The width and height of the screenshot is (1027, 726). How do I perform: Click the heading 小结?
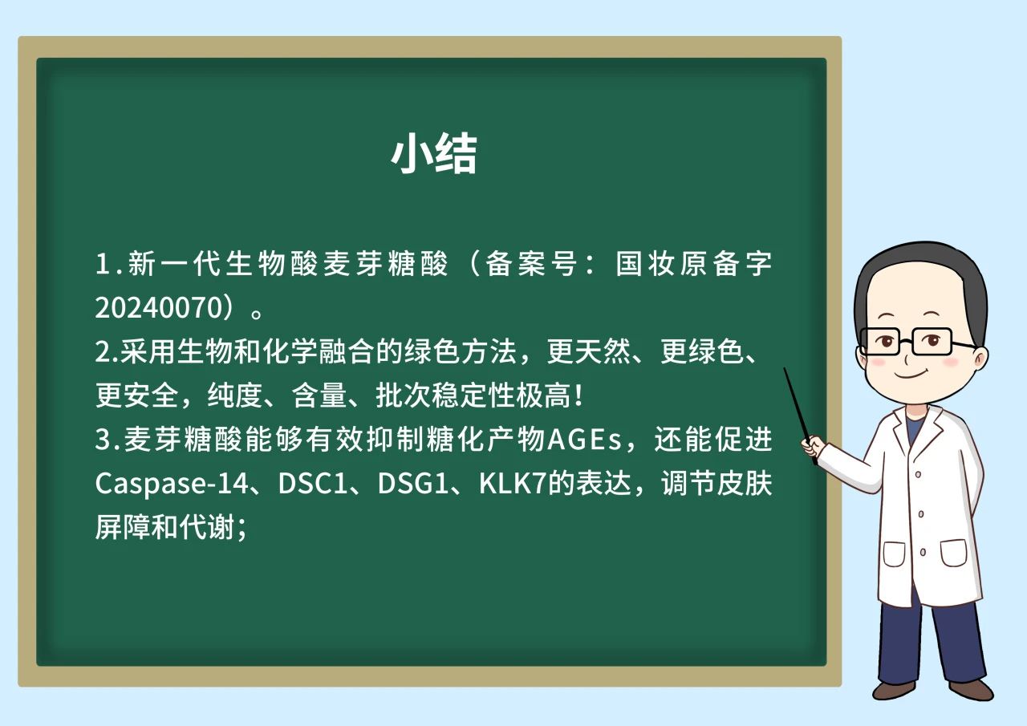(434, 153)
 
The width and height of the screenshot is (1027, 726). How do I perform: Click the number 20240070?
(159, 307)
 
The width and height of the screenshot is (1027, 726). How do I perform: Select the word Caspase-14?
(172, 484)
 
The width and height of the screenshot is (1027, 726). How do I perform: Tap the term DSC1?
(313, 484)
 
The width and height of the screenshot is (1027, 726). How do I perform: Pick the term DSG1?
(412, 484)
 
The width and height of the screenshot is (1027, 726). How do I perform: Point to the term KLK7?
(513, 484)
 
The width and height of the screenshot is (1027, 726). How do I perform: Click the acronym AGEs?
(584, 440)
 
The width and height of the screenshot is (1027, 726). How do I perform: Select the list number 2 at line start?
(103, 351)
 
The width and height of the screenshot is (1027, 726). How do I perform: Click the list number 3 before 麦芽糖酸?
(103, 440)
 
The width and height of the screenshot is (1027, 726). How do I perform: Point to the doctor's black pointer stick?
(800, 416)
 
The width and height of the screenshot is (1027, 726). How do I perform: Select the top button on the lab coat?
(919, 474)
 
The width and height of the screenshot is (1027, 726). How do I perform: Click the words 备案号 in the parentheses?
(530, 264)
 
